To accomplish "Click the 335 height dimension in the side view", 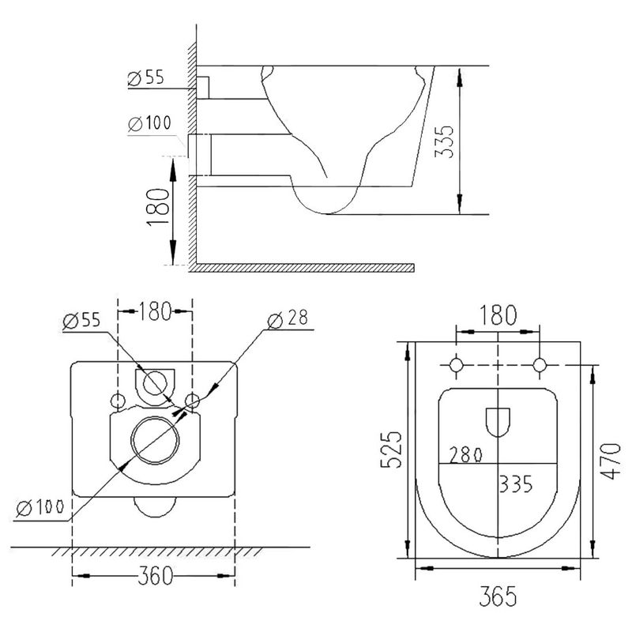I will tap(446, 141).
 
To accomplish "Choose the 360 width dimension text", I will tap(154, 577).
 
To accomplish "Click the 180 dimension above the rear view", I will tap(155, 311).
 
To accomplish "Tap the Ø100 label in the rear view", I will tap(39, 508).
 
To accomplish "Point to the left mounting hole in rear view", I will tap(119, 401).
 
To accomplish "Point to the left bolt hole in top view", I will tap(457, 365).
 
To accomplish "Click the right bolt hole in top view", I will tap(540, 365).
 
